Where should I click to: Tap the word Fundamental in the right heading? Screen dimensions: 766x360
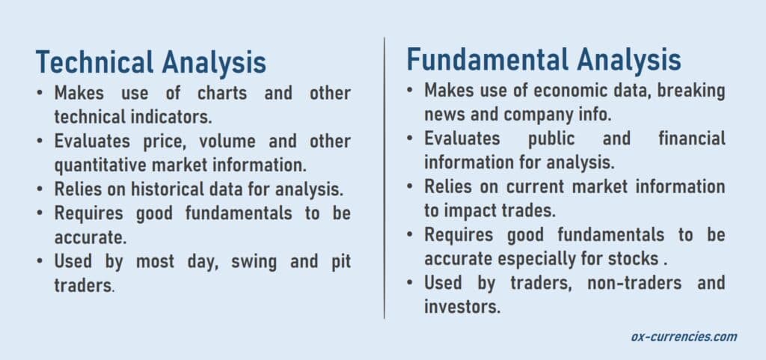[x=488, y=60]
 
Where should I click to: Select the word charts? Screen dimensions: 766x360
[x=222, y=93]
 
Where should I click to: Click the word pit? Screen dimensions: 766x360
[x=338, y=262]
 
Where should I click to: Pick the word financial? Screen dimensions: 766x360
[x=692, y=138]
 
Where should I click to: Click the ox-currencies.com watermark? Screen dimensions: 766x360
[x=684, y=337]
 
